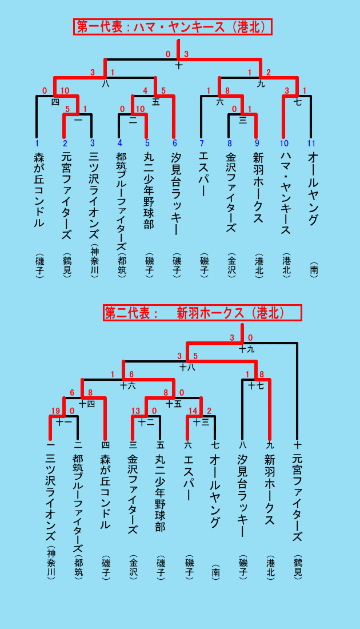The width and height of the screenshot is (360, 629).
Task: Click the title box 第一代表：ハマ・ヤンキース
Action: [173, 27]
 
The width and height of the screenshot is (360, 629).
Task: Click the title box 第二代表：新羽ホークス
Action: [202, 313]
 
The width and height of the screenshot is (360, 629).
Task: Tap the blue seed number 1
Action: [37, 143]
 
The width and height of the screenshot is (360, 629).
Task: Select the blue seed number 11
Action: [311, 143]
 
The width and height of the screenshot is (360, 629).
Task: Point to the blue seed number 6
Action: [174, 143]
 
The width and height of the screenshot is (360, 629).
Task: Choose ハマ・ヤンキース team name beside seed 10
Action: [285, 193]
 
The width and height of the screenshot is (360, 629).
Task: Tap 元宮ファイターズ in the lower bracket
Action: [297, 498]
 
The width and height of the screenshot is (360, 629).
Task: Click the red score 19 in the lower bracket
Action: [55, 411]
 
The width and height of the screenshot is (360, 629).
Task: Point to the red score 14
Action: [193, 411]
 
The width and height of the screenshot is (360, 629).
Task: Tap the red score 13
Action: [135, 411]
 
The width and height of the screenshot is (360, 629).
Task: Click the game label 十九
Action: [246, 349]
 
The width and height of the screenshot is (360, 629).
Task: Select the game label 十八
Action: [187, 367]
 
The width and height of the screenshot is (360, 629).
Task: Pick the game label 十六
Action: [128, 386]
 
